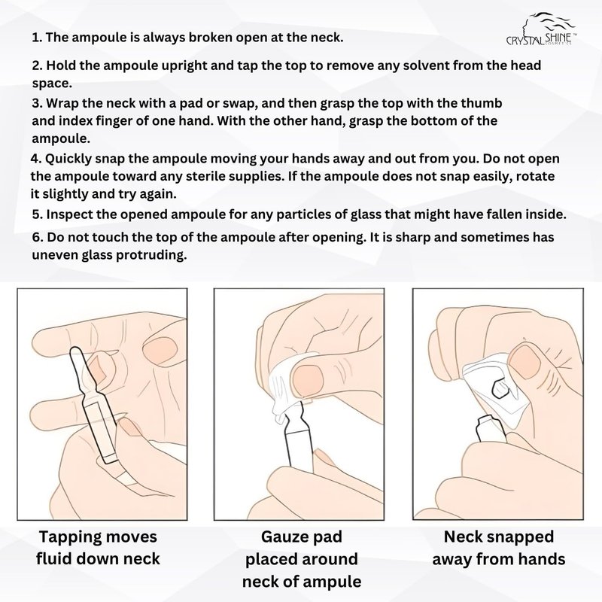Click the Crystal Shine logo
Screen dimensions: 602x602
click(541, 29)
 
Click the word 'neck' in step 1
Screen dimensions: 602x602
click(323, 38)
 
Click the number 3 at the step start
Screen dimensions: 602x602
click(35, 104)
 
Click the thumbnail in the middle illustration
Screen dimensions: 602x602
click(307, 381)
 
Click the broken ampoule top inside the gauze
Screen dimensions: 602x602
click(499, 388)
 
